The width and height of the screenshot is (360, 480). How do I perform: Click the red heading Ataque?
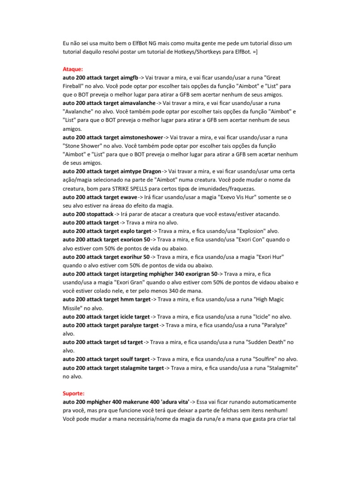tap(73, 68)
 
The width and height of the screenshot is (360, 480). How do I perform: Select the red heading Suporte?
tap(74, 393)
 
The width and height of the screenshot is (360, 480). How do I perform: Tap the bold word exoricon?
tap(133, 240)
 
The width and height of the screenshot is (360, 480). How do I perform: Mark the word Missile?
tap(73, 308)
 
